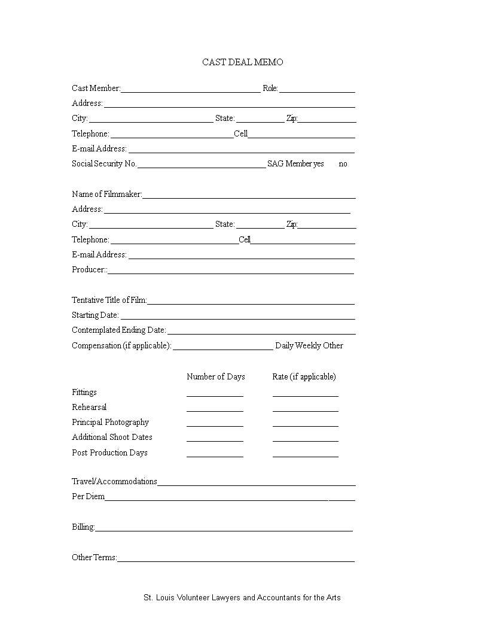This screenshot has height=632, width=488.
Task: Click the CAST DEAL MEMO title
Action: (242, 62)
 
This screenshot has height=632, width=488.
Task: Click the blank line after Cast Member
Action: (190, 90)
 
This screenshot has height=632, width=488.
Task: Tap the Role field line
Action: (317, 90)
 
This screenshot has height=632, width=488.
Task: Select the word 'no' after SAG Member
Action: (343, 164)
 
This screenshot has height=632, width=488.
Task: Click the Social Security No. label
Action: (104, 164)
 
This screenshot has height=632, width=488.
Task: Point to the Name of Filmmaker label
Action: (106, 194)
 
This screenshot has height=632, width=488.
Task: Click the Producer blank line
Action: (230, 271)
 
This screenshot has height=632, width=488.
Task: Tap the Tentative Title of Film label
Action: (109, 300)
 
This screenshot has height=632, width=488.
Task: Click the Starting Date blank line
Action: (237, 317)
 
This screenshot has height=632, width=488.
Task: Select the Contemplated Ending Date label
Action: (118, 330)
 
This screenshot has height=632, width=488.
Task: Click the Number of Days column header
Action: (215, 376)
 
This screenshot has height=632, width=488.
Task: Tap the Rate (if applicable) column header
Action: (304, 376)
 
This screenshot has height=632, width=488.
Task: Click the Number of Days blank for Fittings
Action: (215, 394)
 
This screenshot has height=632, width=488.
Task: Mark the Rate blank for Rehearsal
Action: (305, 409)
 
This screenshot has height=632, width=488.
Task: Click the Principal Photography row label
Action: (110, 422)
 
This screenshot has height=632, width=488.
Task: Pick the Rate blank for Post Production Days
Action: (305, 455)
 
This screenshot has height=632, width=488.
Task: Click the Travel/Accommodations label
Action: (114, 481)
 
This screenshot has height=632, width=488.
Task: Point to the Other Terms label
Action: (94, 557)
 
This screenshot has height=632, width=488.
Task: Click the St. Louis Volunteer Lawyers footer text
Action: (242, 597)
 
